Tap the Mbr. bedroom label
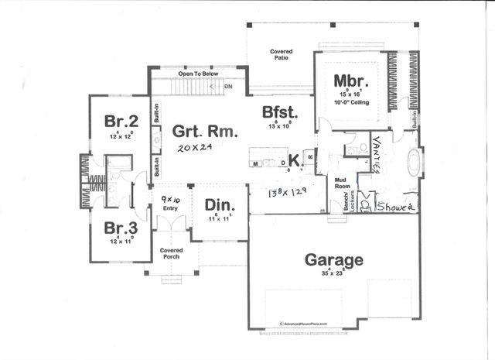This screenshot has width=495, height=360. point(350,81)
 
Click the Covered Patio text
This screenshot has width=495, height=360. point(281,55)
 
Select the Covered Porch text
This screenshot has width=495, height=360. point(170,254)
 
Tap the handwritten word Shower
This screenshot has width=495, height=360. point(396,207)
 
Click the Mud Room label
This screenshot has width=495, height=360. point(342,183)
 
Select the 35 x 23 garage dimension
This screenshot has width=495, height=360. point(333,273)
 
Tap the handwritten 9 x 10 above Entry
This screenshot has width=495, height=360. point(170,199)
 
